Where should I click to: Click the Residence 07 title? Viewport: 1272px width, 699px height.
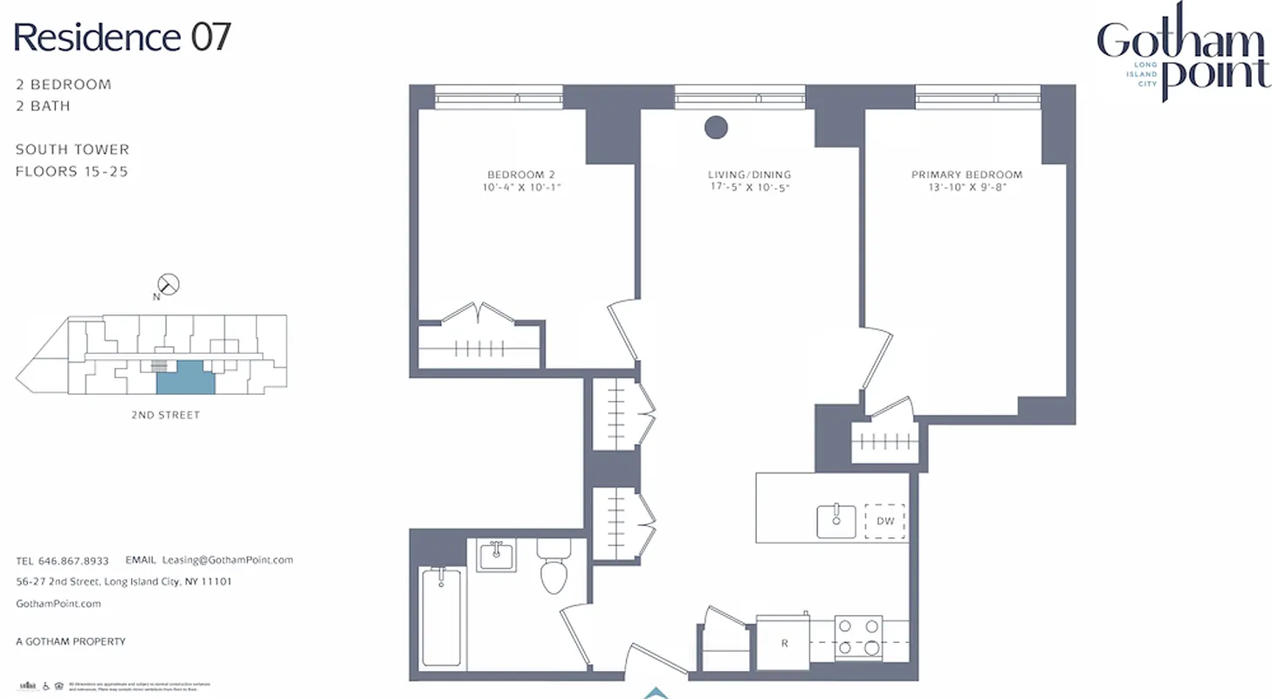coord(123,38)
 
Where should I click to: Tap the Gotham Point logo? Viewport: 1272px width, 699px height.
coord(1183,54)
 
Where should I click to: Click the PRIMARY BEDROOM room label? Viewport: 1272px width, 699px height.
coord(966,175)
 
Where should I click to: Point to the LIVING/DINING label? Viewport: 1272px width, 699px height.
coord(749,175)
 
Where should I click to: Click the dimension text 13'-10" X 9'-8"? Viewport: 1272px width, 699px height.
coord(966,187)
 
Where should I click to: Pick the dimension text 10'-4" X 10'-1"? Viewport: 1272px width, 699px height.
coord(521,187)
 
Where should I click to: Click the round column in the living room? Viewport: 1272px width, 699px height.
coord(716,128)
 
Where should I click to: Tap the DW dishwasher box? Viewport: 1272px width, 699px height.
coord(885,522)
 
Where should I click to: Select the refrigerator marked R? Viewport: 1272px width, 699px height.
coord(784,643)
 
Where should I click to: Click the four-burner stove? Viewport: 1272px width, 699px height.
coord(858,637)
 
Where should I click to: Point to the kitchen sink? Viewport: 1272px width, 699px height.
coord(836,521)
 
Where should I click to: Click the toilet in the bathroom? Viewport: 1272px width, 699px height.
coord(553,568)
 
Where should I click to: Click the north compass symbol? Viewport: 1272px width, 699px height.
coord(168,285)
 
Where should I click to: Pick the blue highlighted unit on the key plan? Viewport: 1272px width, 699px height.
coord(184,377)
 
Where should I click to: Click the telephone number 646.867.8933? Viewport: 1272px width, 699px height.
coord(73,561)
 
